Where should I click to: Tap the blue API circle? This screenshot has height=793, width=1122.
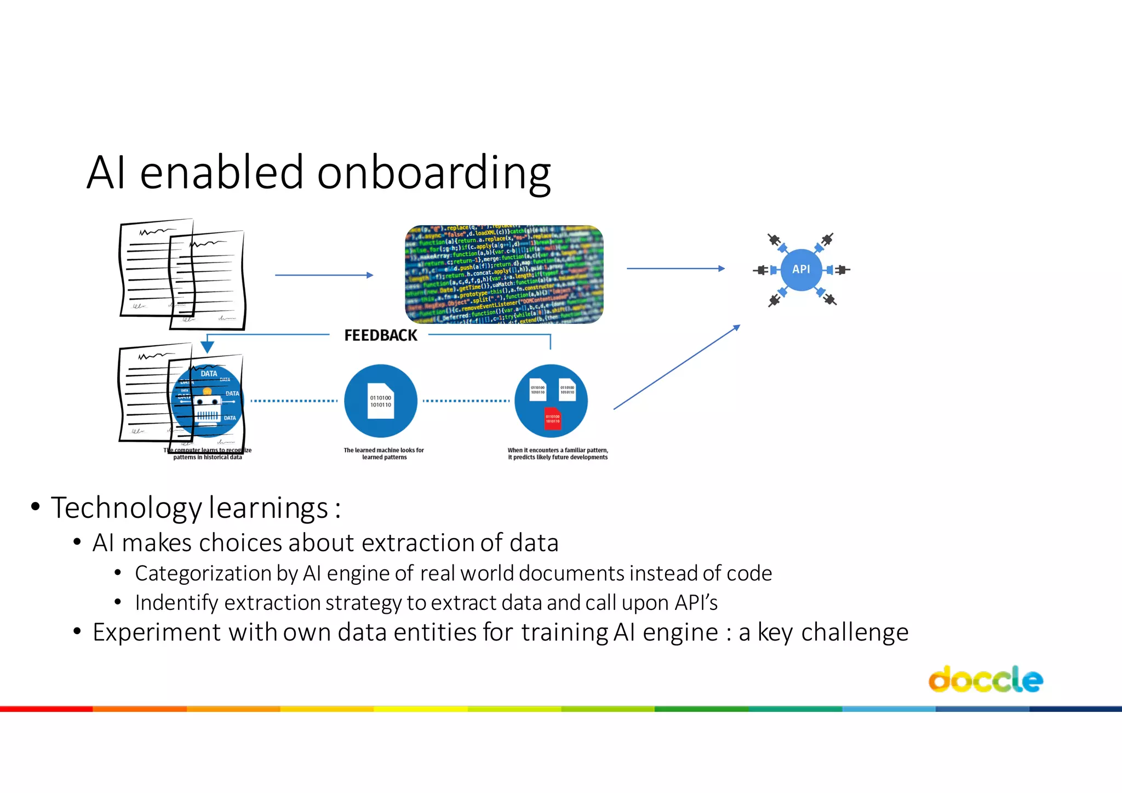pos(800,269)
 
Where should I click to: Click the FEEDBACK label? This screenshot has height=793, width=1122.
pos(380,335)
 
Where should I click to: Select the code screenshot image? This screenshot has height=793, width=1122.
pos(504,274)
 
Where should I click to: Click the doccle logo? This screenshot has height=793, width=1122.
pos(985,680)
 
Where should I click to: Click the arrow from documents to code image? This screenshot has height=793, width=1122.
pos(324,275)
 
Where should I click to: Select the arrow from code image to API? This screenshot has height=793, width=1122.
pos(675,269)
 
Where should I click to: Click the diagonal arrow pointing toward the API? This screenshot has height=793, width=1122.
pos(677,367)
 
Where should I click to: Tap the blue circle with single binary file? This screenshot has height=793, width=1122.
pos(381,401)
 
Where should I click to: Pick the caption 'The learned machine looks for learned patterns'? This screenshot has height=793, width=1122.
pos(383,454)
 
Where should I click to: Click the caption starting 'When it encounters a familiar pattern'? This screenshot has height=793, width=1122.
pos(557,454)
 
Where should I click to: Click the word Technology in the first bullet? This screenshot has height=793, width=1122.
pos(126,508)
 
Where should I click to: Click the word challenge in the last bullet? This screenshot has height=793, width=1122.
pos(854,632)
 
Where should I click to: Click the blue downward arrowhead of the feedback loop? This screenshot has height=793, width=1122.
pos(207,347)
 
